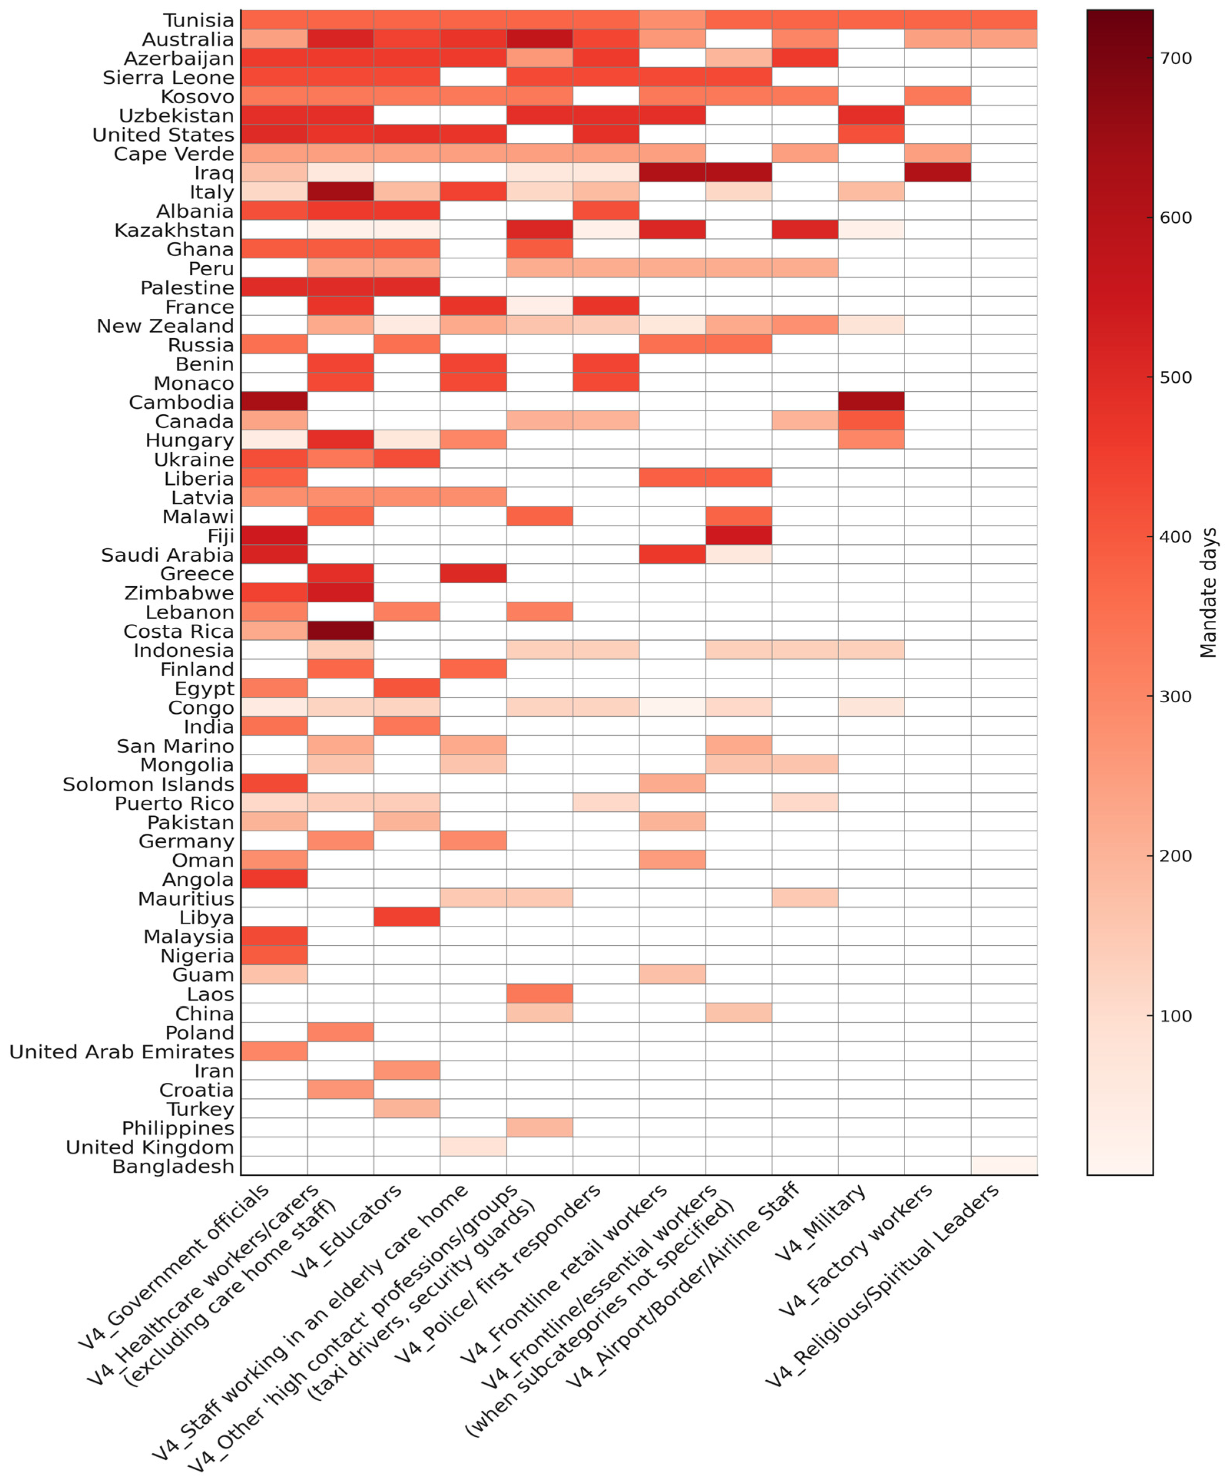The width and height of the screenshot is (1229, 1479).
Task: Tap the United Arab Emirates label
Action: [x=121, y=1052]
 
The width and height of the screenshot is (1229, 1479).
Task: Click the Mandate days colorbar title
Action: [x=1209, y=592]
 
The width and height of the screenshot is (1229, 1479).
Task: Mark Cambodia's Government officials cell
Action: [x=274, y=402]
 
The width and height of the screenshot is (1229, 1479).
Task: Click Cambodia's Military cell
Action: [x=871, y=402]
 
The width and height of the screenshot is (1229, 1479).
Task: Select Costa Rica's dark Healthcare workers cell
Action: [x=340, y=631]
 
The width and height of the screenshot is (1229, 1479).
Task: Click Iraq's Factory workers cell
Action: [x=937, y=172]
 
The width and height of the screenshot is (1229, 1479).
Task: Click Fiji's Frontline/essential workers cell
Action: [x=738, y=535]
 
